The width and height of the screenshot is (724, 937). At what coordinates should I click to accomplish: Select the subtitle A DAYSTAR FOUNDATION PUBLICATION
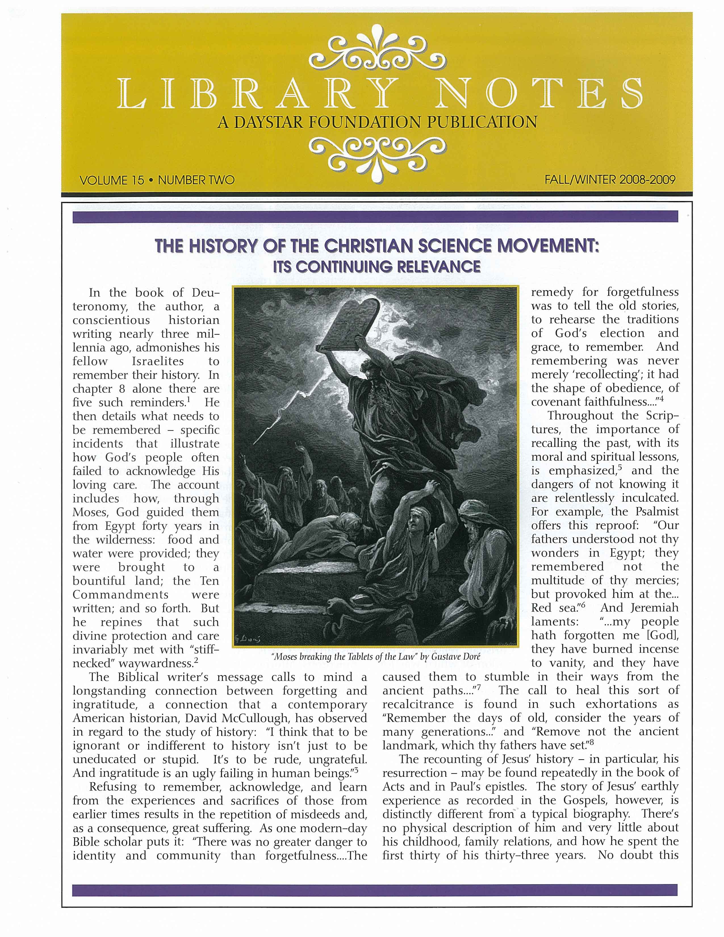[377, 123]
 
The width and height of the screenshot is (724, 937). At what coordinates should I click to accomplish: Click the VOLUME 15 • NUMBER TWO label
[157, 180]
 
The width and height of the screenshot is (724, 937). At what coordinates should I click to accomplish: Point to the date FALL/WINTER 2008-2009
[610, 179]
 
